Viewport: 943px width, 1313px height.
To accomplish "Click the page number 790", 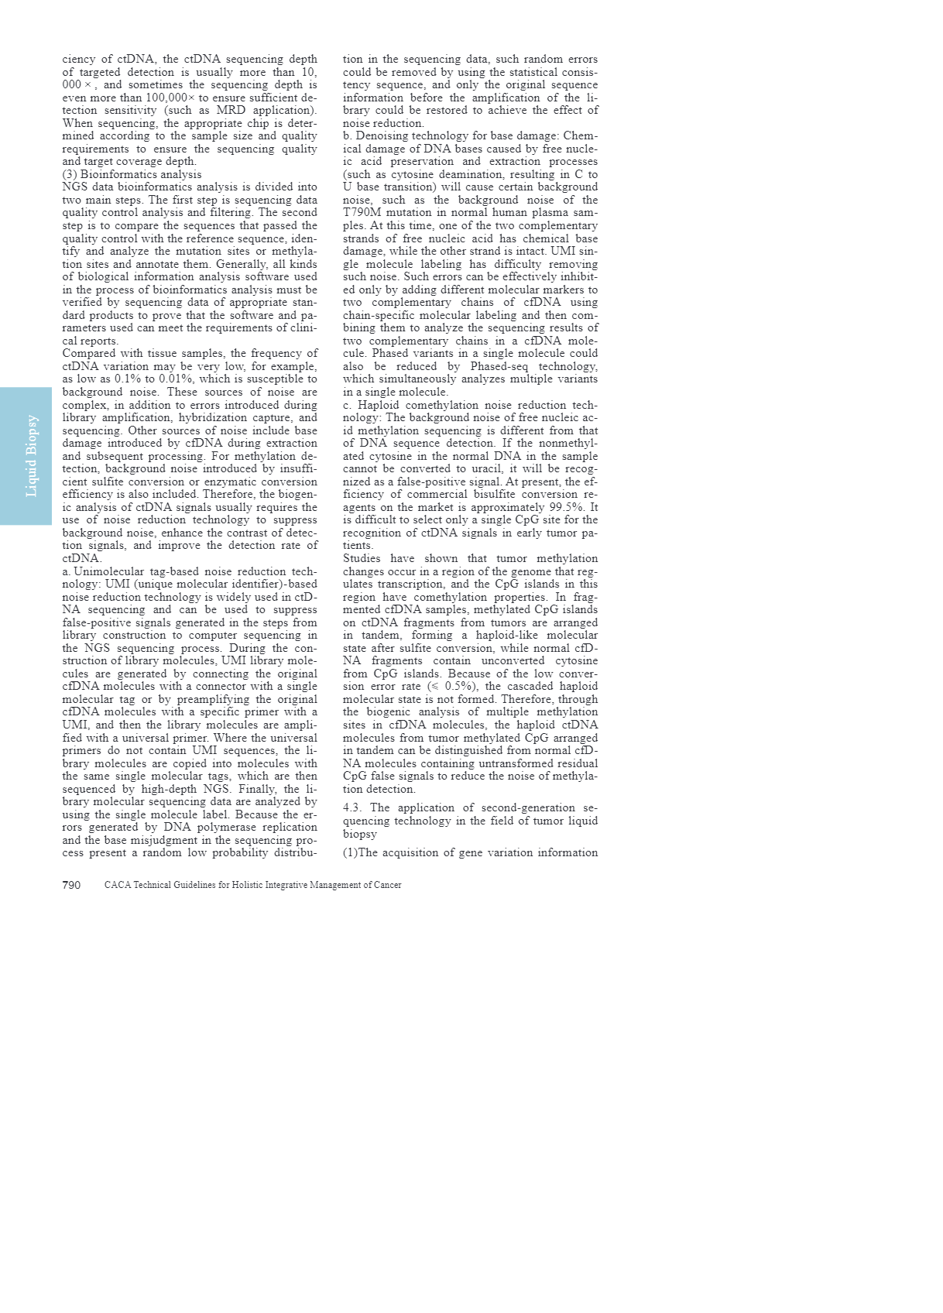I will pos(71,885).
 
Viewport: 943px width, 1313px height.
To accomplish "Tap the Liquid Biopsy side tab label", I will pos(32,456).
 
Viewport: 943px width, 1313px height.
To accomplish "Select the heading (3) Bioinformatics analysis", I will pos(132,174).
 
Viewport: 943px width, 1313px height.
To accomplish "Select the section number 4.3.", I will pos(352,808).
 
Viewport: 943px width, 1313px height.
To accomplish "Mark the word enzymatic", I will pos(211,482).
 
